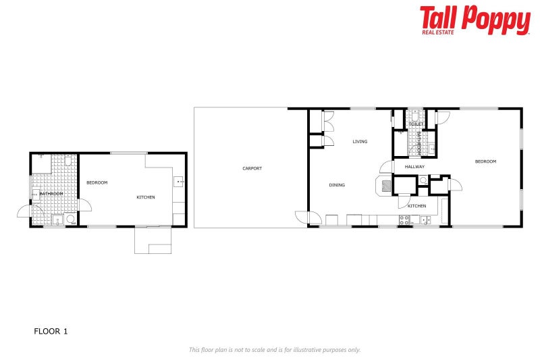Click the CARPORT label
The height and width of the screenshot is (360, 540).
point(252,168)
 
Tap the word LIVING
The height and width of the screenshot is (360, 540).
point(360,142)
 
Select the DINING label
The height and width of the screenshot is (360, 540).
point(337,185)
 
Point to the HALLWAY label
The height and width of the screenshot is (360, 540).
point(414,166)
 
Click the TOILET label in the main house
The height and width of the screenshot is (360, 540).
point(416,124)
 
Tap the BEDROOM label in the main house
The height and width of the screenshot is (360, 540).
point(485,161)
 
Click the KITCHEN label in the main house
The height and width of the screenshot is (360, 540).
point(416,205)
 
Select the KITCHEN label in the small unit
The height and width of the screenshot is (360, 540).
point(146,197)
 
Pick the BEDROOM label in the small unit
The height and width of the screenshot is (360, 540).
point(97,182)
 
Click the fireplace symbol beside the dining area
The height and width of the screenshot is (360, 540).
point(385,185)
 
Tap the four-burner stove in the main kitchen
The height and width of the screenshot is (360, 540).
point(405,220)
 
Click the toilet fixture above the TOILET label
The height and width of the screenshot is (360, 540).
point(415,115)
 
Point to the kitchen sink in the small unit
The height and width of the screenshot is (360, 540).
point(179,182)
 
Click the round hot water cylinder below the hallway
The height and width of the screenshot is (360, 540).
point(423,180)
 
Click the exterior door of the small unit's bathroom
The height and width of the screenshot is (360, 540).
point(24,211)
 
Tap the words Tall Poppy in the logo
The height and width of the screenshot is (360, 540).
point(475,19)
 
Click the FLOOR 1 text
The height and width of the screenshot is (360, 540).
point(51,332)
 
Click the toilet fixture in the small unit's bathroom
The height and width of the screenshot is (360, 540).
point(70,219)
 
